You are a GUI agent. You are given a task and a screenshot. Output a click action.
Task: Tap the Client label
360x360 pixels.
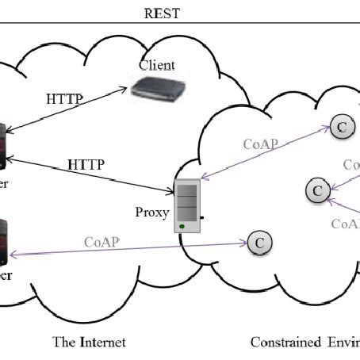click(157, 64)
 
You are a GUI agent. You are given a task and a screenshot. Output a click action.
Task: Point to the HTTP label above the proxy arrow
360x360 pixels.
click(86, 163)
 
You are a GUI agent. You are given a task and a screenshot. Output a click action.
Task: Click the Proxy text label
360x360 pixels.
click(152, 213)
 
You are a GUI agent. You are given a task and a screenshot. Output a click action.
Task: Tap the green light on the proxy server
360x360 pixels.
click(183, 228)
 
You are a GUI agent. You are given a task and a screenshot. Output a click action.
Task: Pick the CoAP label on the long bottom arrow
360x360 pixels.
click(101, 240)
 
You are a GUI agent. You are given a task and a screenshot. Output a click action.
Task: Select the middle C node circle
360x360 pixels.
click(316, 190)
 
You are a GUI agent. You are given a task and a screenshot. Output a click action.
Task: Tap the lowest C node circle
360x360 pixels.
click(259, 243)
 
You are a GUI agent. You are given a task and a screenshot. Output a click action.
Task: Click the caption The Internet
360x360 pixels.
click(89, 342)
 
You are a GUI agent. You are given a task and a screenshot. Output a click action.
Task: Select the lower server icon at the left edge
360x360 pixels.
click(3, 242)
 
